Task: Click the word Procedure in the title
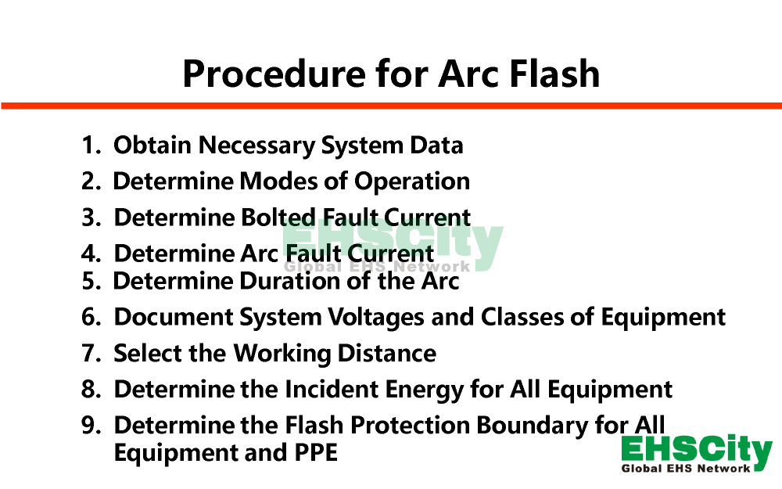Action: [274, 74]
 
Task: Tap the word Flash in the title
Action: [554, 73]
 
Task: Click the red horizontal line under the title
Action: [391, 106]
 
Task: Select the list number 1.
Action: [91, 146]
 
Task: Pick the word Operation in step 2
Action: [412, 182]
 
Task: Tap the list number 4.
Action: [91, 253]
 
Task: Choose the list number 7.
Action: [91, 354]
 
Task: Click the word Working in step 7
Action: [282, 354]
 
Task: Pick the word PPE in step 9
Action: [316, 453]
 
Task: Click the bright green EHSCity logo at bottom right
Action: [697, 453]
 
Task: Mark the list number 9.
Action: [91, 426]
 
